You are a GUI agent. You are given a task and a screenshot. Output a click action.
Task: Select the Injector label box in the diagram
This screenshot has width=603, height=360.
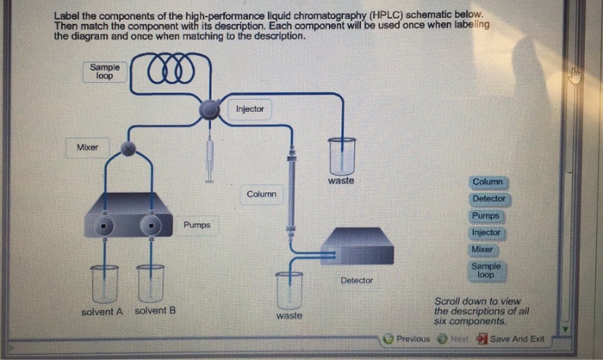click(x=250, y=109)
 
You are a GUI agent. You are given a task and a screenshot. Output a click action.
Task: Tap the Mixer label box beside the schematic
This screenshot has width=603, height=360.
click(x=87, y=147)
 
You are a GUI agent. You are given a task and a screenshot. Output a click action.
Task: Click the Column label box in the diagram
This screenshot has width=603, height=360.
click(x=261, y=194)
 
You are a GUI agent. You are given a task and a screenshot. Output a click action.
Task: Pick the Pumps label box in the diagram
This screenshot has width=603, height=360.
click(x=196, y=225)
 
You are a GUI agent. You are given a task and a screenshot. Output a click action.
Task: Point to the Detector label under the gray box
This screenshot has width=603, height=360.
click(x=357, y=281)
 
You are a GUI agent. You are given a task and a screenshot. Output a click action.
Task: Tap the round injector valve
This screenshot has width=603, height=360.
click(x=210, y=109)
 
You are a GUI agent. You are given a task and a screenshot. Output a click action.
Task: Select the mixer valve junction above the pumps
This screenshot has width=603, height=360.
click(x=128, y=149)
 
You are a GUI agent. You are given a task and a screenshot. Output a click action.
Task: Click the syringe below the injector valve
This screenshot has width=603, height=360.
click(x=209, y=158)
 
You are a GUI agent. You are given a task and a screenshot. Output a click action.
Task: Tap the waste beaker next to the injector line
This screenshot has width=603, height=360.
click(x=341, y=157)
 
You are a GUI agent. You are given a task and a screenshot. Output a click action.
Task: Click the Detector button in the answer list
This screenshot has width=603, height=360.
click(x=488, y=199)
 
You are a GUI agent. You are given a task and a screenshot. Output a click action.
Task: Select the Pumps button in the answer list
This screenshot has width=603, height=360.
click(x=486, y=215)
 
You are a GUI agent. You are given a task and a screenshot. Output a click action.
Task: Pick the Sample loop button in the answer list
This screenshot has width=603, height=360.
click(x=486, y=270)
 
